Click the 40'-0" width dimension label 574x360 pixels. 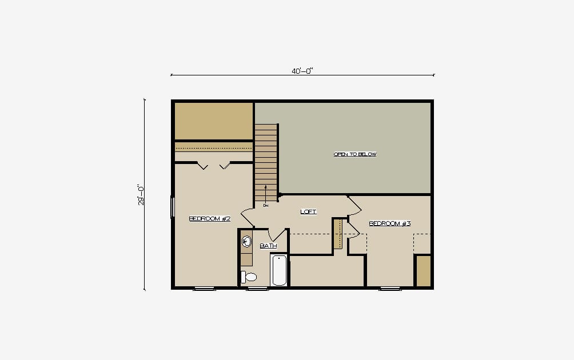(302, 71)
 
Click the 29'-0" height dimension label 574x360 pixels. (141, 195)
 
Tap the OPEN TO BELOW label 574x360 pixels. (354, 154)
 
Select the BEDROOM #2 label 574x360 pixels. (209, 219)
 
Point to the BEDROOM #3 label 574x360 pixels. (389, 223)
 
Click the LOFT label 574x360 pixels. (308, 211)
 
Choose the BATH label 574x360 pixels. (268, 246)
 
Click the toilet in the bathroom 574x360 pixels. (249, 277)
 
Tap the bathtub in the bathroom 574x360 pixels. (279, 270)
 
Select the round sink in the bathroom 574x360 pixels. (247, 242)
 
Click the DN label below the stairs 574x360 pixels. (266, 206)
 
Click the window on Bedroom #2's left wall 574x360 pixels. (173, 207)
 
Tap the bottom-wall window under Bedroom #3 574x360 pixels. (390, 289)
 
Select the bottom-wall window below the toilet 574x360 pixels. (257, 289)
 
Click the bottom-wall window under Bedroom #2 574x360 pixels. (204, 289)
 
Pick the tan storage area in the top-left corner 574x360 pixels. (214, 121)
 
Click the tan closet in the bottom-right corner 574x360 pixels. (424, 271)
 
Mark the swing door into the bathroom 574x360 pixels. (277, 235)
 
